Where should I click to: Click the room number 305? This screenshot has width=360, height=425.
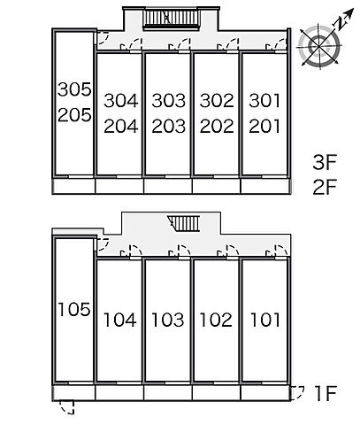[74, 89]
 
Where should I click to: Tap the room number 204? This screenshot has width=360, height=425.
[121, 127]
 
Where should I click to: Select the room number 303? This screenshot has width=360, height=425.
[169, 101]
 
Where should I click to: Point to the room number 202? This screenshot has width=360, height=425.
[217, 127]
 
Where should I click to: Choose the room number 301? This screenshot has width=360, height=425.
[264, 101]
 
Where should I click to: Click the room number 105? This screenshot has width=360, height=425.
[74, 310]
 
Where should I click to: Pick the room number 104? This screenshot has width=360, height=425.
[120, 320]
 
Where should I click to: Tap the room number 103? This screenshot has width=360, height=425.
[168, 320]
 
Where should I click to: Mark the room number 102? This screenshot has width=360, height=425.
[216, 320]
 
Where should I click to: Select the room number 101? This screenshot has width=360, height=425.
[265, 320]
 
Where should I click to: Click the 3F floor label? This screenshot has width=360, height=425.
[325, 162]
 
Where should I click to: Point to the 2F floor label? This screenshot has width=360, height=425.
[325, 187]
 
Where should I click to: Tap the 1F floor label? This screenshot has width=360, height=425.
[326, 393]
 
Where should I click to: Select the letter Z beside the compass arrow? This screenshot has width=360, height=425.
[341, 23]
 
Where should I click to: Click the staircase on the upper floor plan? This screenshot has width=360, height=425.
[172, 19]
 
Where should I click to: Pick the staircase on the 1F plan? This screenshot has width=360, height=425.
[184, 223]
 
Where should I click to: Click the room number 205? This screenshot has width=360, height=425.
[74, 115]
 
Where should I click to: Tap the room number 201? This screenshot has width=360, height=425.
[264, 127]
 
